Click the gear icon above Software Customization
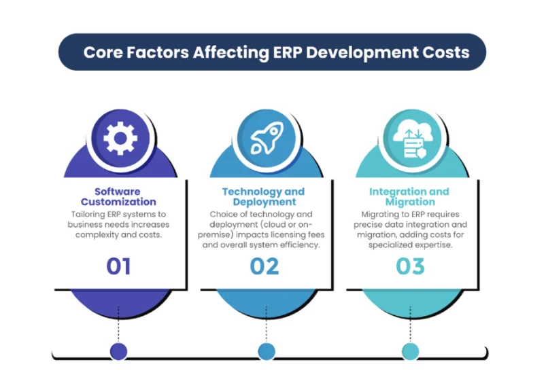[120, 139]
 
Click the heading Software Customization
[118, 196]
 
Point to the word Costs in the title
[445, 52]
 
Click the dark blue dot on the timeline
[118, 351]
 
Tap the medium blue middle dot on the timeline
[266, 351]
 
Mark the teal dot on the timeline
[410, 351]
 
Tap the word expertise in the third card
[432, 245]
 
